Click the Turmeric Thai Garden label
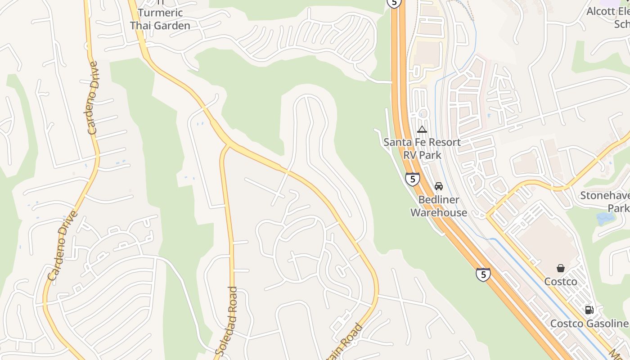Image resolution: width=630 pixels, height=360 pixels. [160, 19]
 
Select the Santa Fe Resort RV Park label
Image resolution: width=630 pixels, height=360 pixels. [422, 148]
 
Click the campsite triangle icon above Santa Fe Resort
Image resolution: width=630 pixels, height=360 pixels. [422, 130]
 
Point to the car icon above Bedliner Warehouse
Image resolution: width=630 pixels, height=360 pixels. [439, 186]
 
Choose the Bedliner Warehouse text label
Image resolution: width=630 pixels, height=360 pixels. [439, 206]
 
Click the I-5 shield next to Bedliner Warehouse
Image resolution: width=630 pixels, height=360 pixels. [412, 179]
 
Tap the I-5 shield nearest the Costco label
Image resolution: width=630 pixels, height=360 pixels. [483, 274]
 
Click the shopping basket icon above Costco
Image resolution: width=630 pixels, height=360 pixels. [561, 268]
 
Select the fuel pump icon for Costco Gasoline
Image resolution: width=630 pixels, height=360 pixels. [589, 310]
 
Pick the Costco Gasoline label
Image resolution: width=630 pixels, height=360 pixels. [589, 324]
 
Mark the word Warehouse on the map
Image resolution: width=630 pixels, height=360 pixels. [439, 212]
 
